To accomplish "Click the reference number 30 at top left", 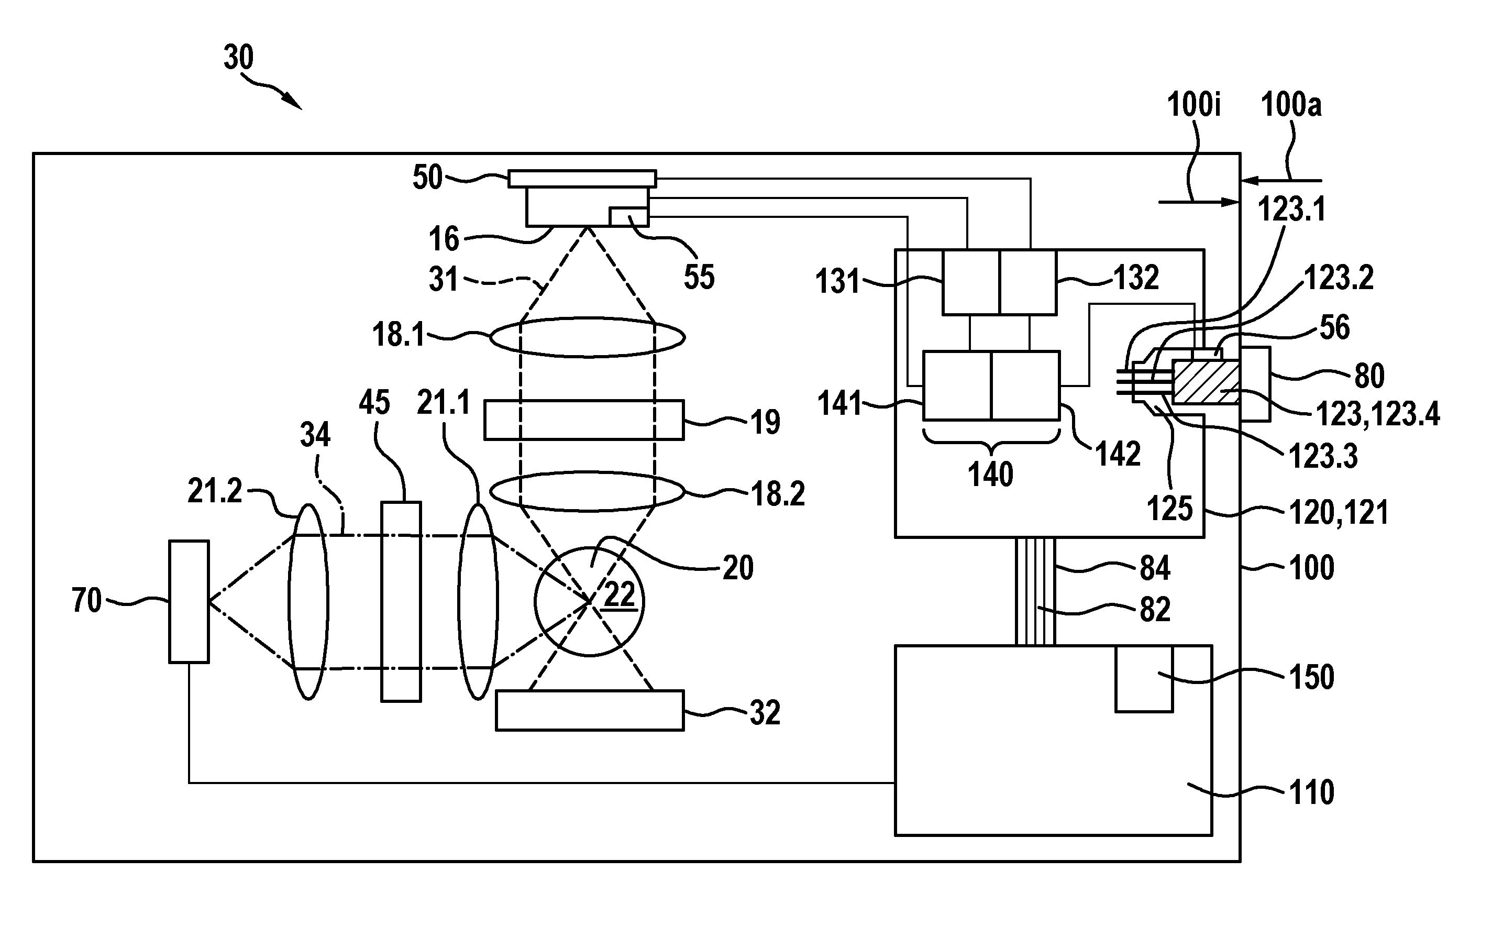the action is pyautogui.click(x=238, y=58).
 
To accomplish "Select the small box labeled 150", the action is pyautogui.click(x=1144, y=679).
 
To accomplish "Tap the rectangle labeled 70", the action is pyautogui.click(x=189, y=601).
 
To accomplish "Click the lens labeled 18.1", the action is pyautogui.click(x=588, y=337).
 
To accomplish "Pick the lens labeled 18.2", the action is pyautogui.click(x=588, y=491).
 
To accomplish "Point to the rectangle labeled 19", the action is pyautogui.click(x=584, y=420).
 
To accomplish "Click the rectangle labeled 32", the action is pyautogui.click(x=590, y=710).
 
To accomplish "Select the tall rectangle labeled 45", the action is pyautogui.click(x=401, y=601).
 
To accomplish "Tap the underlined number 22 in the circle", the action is pyautogui.click(x=620, y=594).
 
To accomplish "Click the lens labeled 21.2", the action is pyautogui.click(x=308, y=601).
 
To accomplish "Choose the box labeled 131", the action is pyautogui.click(x=971, y=282).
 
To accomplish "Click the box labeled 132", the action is pyautogui.click(x=1029, y=282).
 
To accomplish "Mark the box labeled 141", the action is pyautogui.click(x=957, y=385).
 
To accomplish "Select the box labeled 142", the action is pyautogui.click(x=1025, y=385).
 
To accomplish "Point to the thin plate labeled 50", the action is pyautogui.click(x=582, y=178).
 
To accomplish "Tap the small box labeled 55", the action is pyautogui.click(x=629, y=217).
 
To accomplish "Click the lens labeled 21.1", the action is pyautogui.click(x=478, y=601).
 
